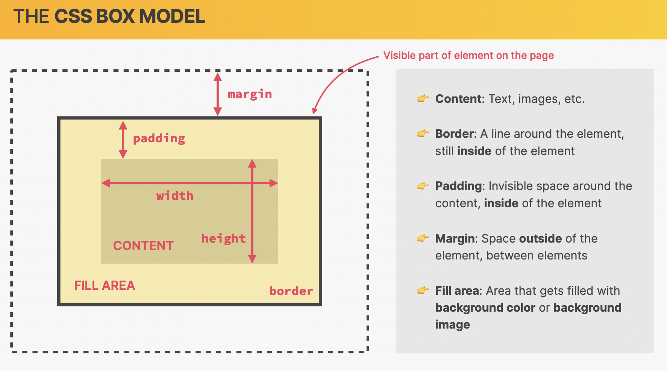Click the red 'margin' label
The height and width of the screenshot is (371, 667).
(x=250, y=94)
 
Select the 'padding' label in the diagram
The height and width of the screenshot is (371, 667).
(x=159, y=139)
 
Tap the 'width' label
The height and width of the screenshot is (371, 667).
(x=175, y=196)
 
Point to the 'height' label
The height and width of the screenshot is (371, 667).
(x=224, y=238)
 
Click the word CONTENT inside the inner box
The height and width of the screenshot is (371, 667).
(x=143, y=246)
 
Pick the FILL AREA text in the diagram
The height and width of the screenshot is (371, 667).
(x=105, y=285)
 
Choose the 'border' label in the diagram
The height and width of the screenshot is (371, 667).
(x=291, y=291)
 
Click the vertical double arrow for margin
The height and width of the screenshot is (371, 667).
(x=218, y=94)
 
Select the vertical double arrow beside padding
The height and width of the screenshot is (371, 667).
(x=123, y=140)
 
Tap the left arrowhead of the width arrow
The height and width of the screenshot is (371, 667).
(x=105, y=183)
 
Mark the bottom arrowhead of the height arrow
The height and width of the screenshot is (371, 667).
(x=252, y=259)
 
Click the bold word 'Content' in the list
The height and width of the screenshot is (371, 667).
(x=458, y=99)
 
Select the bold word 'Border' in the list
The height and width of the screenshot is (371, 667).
(x=454, y=134)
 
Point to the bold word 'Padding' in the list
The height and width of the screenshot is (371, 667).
(x=458, y=186)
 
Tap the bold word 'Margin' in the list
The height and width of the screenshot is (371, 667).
(x=455, y=239)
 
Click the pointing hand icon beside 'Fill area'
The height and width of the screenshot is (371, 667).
(x=423, y=290)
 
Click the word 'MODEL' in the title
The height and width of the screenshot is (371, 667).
(x=172, y=17)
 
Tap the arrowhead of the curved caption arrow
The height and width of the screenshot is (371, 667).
(x=315, y=111)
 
